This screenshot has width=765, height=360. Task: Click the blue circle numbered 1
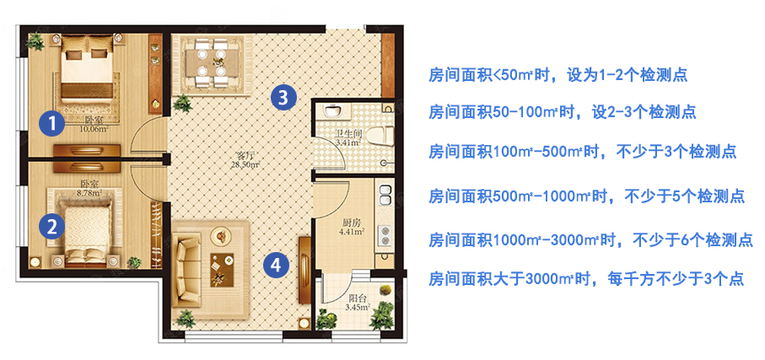(52, 124)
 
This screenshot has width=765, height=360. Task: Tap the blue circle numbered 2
(52, 226)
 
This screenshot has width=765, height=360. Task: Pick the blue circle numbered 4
(276, 266)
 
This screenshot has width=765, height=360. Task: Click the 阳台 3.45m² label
(358, 303)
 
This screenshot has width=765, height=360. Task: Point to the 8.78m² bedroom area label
(90, 192)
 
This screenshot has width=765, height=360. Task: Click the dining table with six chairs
(213, 61)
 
